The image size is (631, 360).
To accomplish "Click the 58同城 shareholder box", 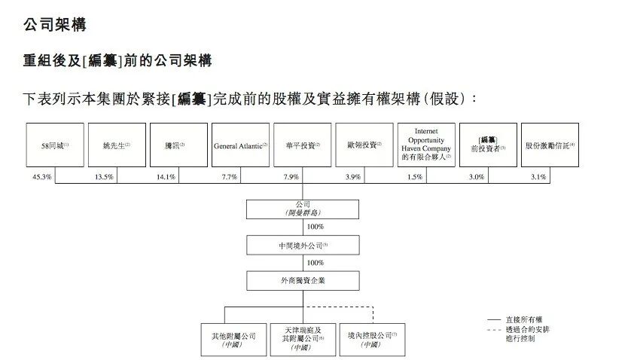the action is pyautogui.click(x=55, y=145).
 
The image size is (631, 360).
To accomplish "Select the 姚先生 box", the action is pyautogui.click(x=117, y=145).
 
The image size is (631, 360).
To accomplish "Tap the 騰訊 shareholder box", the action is pyautogui.click(x=178, y=145).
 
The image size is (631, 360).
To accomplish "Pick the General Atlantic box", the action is pyautogui.click(x=240, y=145).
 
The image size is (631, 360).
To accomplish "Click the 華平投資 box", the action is pyautogui.click(x=302, y=145).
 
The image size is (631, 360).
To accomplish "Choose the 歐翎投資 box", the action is pyautogui.click(x=364, y=145).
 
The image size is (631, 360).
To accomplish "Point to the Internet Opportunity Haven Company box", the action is pyautogui.click(x=425, y=145).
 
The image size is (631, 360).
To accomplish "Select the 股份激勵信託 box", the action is pyautogui.click(x=550, y=145).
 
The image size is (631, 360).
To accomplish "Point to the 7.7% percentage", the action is pyautogui.click(x=229, y=176).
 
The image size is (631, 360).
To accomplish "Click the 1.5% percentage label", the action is pyautogui.click(x=414, y=176).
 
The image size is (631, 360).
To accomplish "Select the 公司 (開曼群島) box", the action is pyautogui.click(x=303, y=209).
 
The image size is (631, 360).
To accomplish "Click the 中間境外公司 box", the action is pyautogui.click(x=303, y=245).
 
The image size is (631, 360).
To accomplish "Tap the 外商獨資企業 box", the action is pyautogui.click(x=303, y=281).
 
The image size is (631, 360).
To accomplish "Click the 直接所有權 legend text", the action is pyautogui.click(x=529, y=321).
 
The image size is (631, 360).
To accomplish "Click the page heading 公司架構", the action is pyautogui.click(x=54, y=25).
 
